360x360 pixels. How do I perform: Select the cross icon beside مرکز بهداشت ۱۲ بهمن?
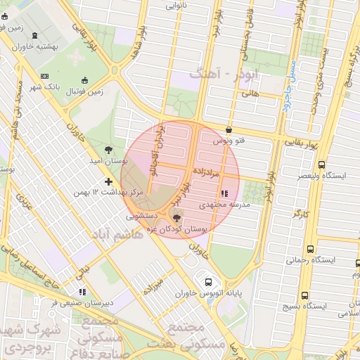(108, 181)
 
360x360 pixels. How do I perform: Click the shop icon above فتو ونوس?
(230, 129)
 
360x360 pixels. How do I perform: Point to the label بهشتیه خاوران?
(44, 44)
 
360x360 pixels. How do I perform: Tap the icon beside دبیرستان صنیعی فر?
(82, 292)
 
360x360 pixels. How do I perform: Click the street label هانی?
(250, 92)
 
